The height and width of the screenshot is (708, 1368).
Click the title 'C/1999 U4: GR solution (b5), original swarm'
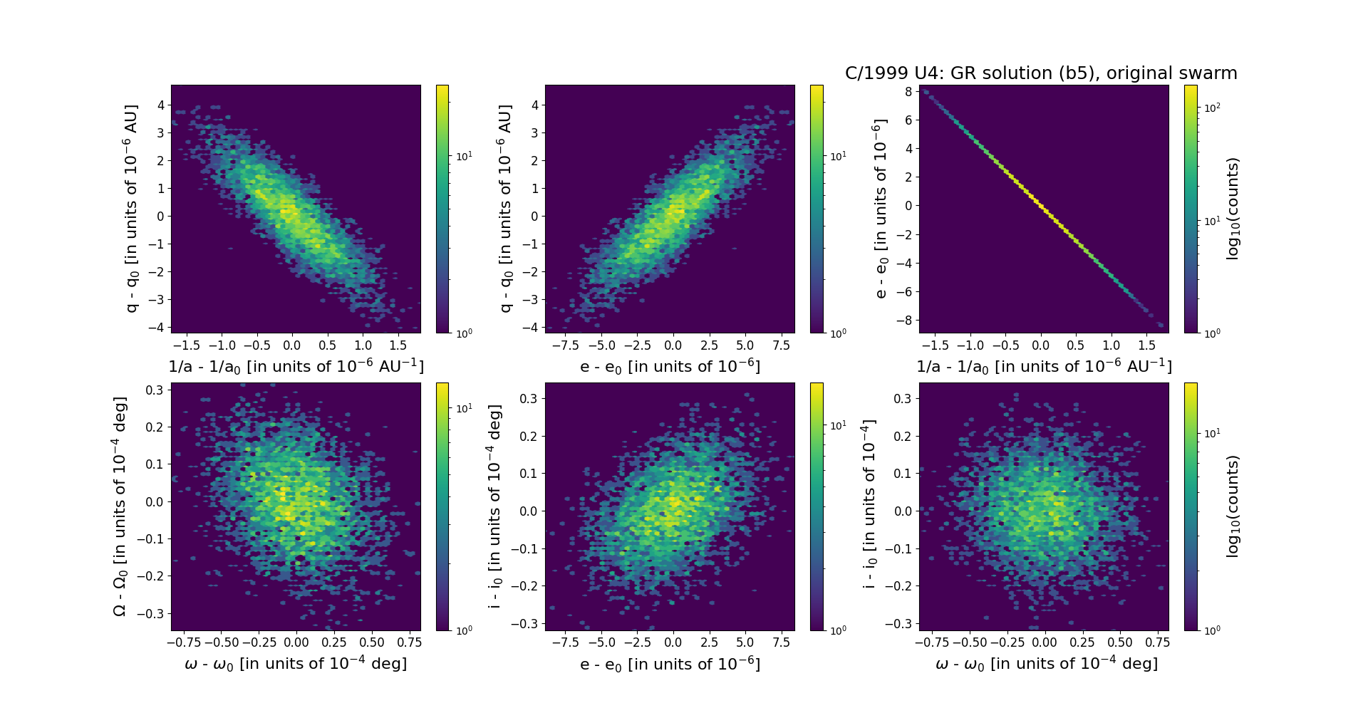click(x=1041, y=73)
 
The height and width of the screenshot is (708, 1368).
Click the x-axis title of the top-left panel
click(x=296, y=366)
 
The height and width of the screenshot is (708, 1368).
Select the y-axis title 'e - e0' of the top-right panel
click(x=881, y=209)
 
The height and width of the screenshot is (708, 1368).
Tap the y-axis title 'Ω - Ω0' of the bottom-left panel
click(x=120, y=506)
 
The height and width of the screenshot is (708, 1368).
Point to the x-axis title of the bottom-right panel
click(x=1046, y=664)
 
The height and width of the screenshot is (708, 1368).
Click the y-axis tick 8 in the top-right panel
click(x=908, y=91)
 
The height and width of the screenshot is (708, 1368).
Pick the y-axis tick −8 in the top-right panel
click(x=905, y=321)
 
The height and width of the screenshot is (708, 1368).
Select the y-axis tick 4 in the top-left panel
click(x=161, y=105)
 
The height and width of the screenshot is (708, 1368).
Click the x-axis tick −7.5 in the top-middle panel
click(x=565, y=345)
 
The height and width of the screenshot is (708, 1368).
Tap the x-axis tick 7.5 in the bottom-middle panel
click(x=782, y=642)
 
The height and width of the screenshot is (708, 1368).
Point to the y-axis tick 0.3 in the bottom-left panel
click(x=155, y=390)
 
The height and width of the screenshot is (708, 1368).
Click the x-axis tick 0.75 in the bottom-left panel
click(x=409, y=642)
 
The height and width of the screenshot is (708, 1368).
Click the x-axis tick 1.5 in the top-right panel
click(x=1146, y=345)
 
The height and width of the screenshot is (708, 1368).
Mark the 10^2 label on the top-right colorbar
click(x=1212, y=108)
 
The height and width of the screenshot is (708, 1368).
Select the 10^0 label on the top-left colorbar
click(x=464, y=333)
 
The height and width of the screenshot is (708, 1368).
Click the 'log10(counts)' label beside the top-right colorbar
click(x=1233, y=209)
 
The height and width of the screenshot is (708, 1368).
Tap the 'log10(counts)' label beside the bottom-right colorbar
click(x=1233, y=506)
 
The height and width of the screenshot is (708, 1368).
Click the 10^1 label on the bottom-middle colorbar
click(x=838, y=425)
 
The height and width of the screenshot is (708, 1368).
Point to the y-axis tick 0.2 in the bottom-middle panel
click(x=528, y=436)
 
